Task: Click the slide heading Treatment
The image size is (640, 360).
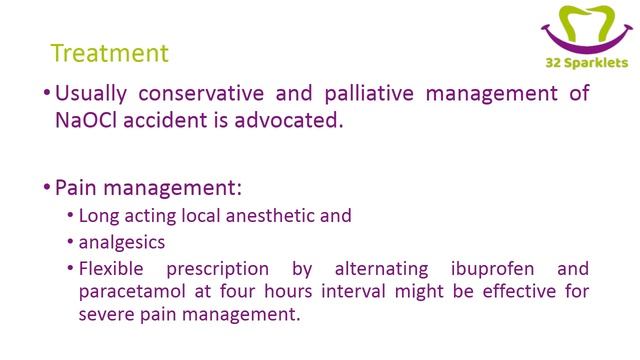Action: pyautogui.click(x=110, y=53)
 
